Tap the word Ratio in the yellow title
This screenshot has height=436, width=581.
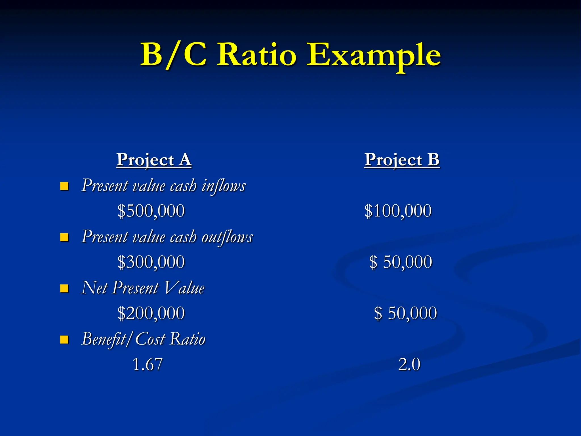(x=257, y=54)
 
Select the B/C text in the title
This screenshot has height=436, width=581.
(x=174, y=54)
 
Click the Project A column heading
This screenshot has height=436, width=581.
(x=154, y=160)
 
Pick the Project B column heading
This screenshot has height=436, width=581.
(x=402, y=160)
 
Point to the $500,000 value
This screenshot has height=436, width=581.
(x=151, y=211)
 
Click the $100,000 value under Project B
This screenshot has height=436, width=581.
(x=398, y=211)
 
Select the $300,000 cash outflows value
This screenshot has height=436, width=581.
(x=151, y=262)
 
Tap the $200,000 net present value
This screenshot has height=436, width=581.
(x=151, y=313)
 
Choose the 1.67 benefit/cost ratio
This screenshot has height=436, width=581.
(x=148, y=364)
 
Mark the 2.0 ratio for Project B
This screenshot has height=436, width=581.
(x=409, y=364)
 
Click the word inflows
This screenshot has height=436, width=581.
(x=224, y=186)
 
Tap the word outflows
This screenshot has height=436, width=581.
(x=227, y=237)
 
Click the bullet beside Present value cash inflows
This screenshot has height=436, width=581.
(x=64, y=186)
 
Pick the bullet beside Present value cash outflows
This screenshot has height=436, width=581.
(x=64, y=237)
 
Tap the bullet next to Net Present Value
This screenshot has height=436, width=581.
(x=64, y=288)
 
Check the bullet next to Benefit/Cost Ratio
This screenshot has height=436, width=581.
(x=64, y=339)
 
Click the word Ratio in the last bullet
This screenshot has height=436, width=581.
(x=188, y=339)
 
